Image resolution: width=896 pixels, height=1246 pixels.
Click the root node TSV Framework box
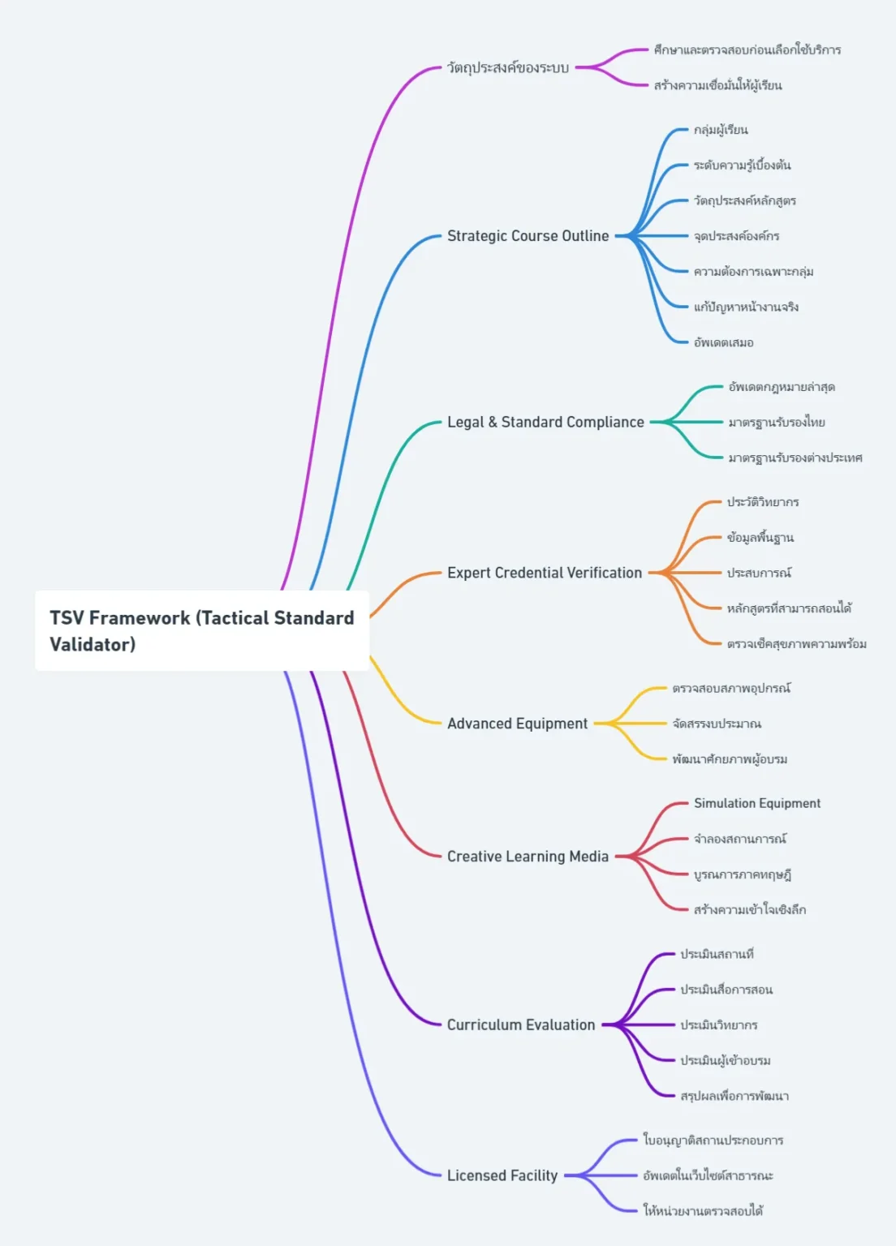click(201, 630)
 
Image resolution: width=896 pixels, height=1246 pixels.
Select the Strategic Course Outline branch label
click(528, 236)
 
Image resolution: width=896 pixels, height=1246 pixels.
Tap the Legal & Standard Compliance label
click(545, 422)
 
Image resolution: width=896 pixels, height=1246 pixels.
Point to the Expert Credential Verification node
click(544, 573)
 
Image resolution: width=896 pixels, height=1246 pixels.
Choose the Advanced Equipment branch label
click(517, 724)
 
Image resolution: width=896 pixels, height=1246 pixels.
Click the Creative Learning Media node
click(528, 857)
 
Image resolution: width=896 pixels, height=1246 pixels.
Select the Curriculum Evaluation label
click(521, 1025)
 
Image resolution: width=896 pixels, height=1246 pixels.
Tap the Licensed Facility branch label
click(502, 1175)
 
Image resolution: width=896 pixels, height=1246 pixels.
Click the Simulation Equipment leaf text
click(756, 803)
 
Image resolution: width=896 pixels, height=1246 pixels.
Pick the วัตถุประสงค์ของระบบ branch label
click(508, 67)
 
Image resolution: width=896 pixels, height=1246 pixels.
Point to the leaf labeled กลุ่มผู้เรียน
click(721, 130)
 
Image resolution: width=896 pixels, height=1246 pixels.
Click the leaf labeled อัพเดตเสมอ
click(723, 342)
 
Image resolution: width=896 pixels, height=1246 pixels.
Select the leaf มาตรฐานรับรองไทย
click(776, 422)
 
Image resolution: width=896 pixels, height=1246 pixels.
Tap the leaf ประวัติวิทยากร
click(762, 502)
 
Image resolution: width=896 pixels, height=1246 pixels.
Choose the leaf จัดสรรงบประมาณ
click(717, 724)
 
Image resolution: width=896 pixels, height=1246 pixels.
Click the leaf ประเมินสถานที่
click(717, 954)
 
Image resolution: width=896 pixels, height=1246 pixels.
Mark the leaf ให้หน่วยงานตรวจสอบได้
click(703, 1210)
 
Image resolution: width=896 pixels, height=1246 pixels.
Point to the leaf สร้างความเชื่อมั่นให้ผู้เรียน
click(717, 85)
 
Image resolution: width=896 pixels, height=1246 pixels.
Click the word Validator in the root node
click(92, 644)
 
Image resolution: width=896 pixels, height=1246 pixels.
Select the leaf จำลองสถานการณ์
click(739, 839)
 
